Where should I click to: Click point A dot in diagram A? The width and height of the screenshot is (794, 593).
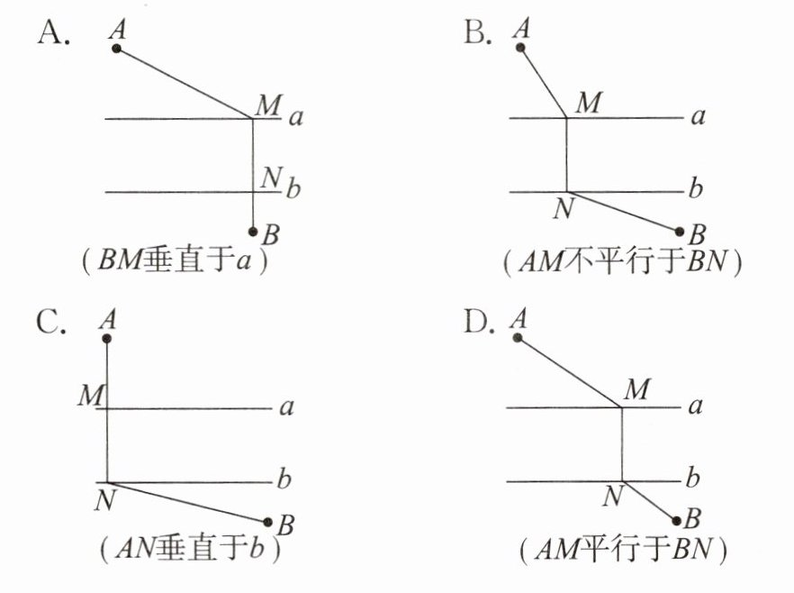click(117, 48)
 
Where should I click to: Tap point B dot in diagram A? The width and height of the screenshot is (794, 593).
click(254, 232)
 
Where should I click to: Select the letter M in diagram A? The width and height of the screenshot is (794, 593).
click(266, 105)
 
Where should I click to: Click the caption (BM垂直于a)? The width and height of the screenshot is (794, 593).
click(176, 260)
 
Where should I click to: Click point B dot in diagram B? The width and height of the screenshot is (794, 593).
click(680, 231)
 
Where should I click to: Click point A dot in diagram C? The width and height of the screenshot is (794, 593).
click(107, 338)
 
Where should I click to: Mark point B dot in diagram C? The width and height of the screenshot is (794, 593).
click(267, 521)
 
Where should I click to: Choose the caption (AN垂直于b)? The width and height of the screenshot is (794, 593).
click(192, 547)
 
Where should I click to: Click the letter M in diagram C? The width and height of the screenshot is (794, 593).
click(89, 395)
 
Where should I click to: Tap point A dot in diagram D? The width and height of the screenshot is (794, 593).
click(518, 338)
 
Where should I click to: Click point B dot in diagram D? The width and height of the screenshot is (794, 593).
click(677, 520)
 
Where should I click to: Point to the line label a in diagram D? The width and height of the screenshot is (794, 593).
click(694, 406)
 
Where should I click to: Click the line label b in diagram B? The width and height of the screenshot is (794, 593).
click(694, 190)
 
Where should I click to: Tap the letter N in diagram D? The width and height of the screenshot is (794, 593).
click(613, 495)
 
